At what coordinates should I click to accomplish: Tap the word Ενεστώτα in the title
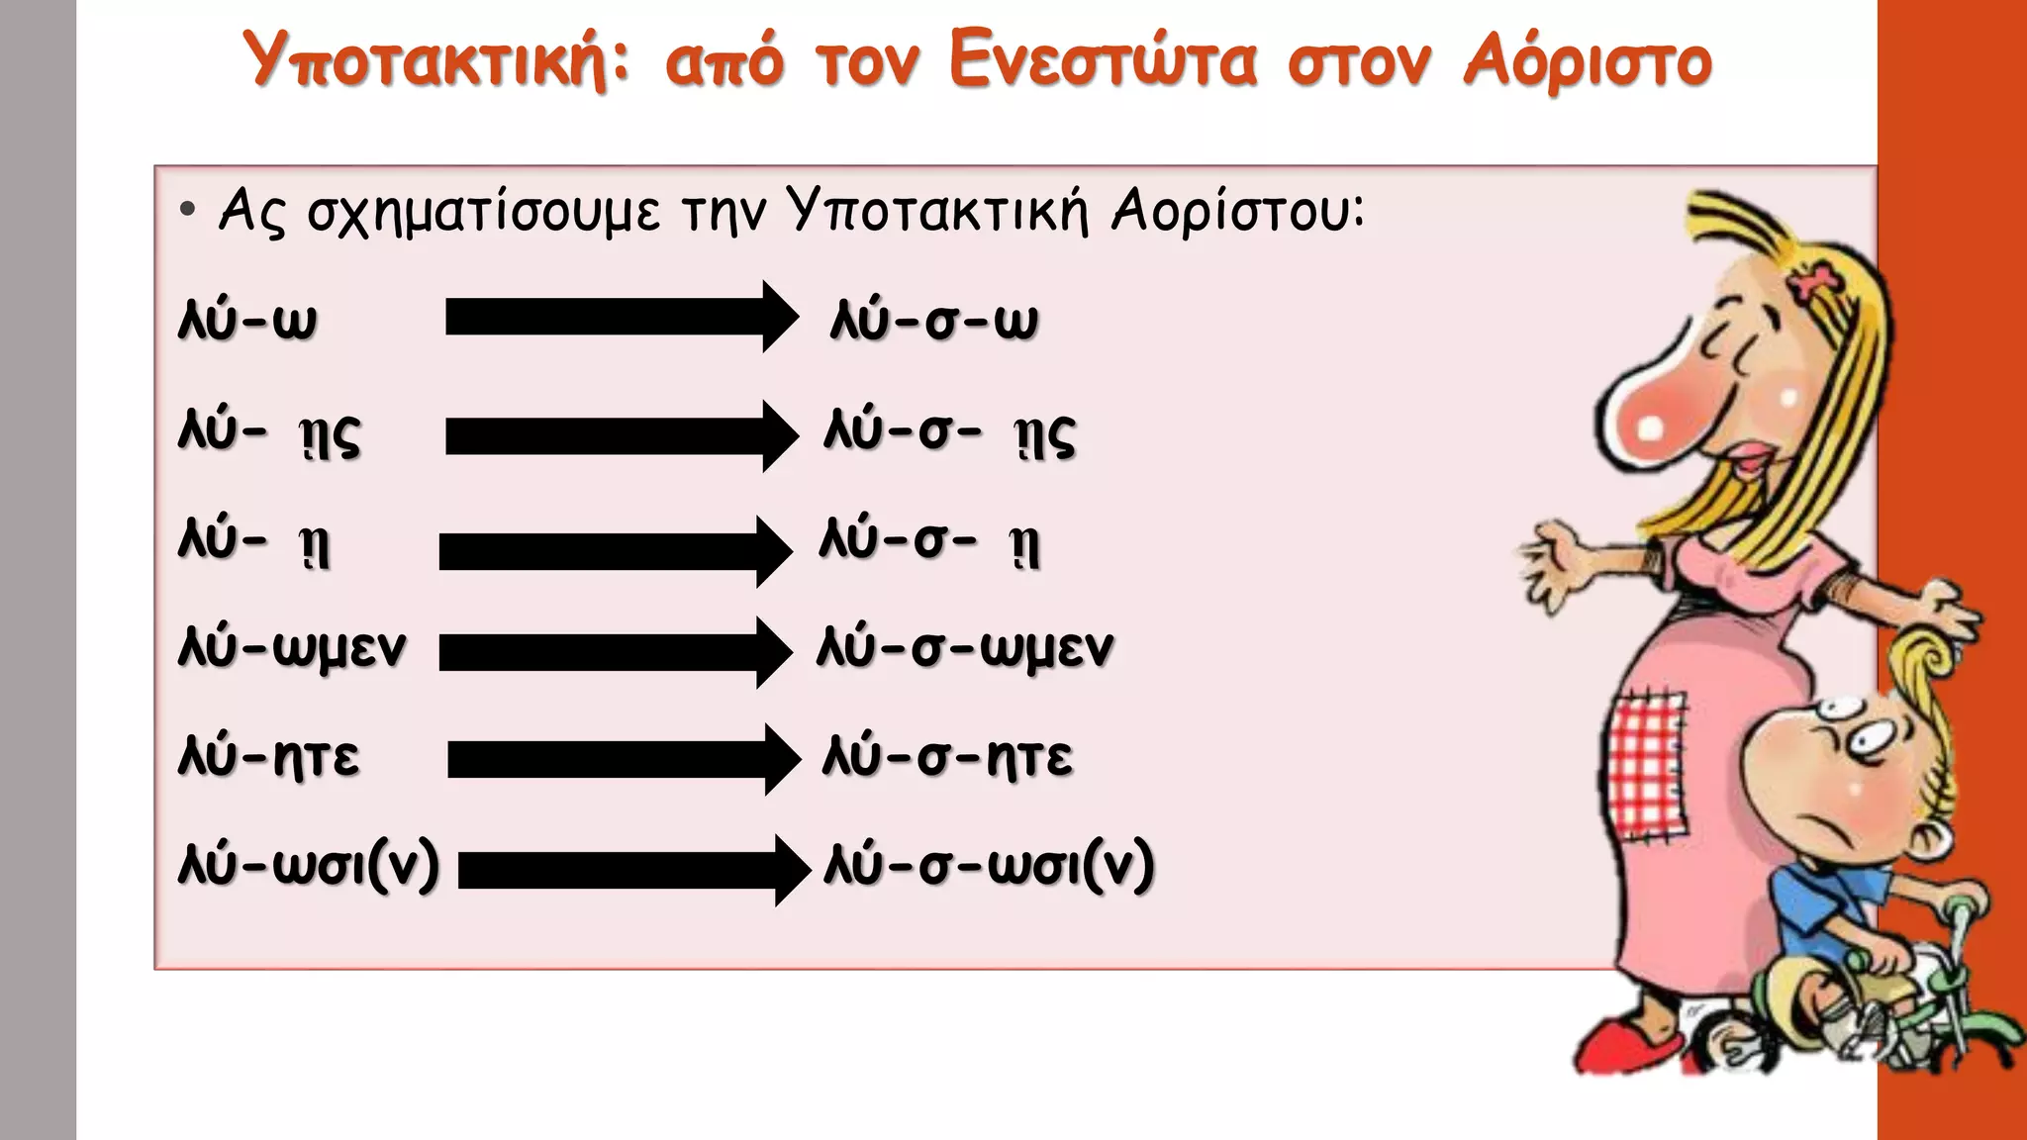click(x=1103, y=59)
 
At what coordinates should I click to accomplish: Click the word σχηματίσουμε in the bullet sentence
click(x=483, y=211)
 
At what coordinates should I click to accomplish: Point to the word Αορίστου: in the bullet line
click(x=1238, y=211)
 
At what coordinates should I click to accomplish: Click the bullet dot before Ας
click(x=188, y=210)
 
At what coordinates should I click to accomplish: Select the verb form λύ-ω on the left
click(x=247, y=320)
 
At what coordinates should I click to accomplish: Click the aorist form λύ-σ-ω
click(x=934, y=320)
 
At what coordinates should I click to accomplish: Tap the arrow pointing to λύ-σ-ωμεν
click(x=615, y=652)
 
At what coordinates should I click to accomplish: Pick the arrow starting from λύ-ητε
click(x=624, y=759)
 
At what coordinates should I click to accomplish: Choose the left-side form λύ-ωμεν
click(x=292, y=649)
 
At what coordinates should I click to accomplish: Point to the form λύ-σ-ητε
click(x=947, y=758)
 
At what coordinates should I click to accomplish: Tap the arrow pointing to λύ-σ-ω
click(x=622, y=317)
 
